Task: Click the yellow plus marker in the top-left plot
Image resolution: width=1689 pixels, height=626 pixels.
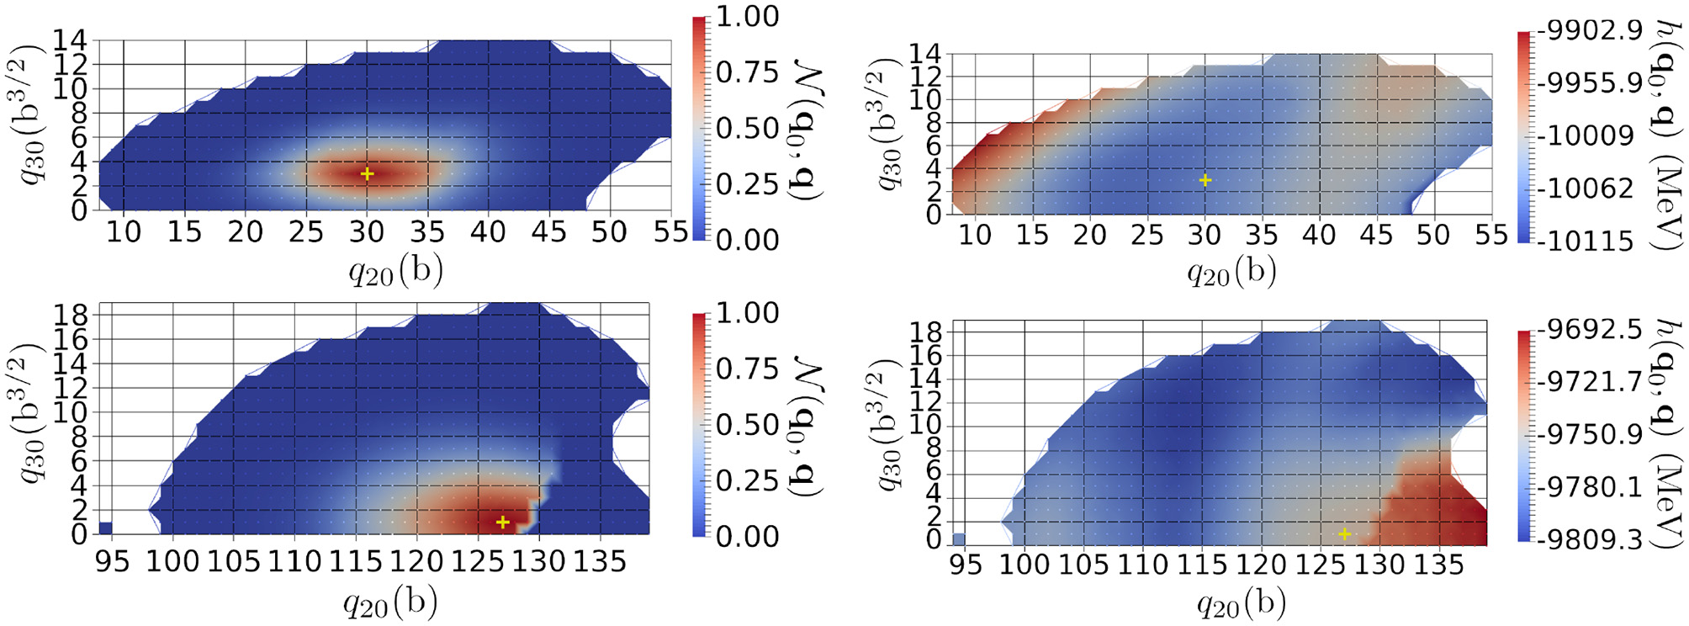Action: click(367, 173)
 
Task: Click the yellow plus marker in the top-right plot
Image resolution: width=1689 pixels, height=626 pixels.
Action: click(1205, 180)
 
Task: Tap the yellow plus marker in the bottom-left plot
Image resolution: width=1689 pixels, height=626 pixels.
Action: click(503, 523)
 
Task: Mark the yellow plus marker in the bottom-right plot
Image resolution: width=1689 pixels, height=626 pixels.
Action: click(1345, 534)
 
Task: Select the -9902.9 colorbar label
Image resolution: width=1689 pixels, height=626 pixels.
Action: click(1590, 31)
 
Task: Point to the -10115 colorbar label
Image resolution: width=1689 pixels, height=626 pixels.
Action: click(1586, 241)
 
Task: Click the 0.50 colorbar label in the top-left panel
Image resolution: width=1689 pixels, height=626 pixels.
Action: click(748, 128)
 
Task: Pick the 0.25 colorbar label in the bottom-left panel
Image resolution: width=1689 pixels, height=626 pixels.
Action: click(748, 480)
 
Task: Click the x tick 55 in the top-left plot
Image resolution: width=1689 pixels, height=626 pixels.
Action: click(670, 232)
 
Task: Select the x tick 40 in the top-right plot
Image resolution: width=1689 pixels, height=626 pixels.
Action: click(1319, 235)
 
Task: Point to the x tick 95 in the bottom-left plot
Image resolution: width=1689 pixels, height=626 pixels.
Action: click(112, 561)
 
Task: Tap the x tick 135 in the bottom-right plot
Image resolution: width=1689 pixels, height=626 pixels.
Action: click(1439, 564)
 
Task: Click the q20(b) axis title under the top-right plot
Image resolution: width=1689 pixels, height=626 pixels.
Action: click(1231, 272)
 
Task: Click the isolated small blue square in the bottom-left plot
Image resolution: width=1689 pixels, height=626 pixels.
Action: click(105, 528)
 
